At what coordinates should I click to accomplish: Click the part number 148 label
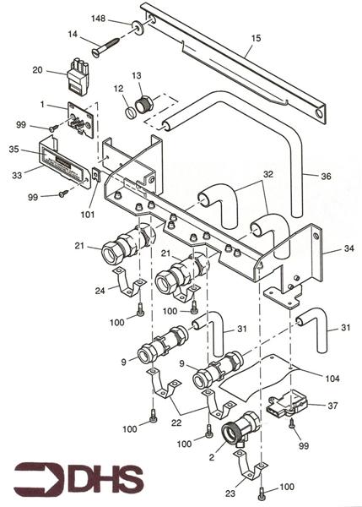point(98,19)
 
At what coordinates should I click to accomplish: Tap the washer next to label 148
point(138,26)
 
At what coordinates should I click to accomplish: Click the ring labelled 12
point(131,113)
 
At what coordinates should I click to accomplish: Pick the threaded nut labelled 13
point(145,103)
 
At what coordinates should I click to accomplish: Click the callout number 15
point(256,38)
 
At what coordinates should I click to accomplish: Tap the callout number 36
point(327,177)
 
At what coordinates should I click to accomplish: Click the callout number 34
point(348,248)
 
